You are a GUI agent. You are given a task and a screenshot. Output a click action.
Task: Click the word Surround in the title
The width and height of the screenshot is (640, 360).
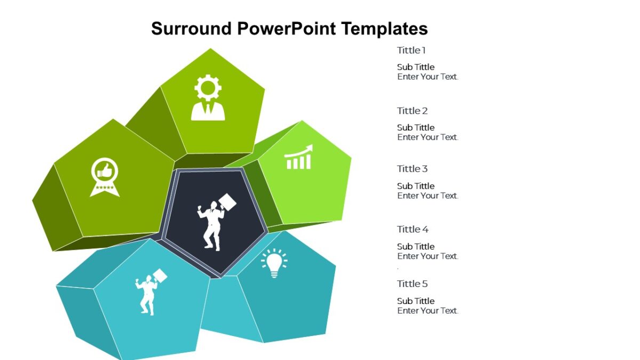point(191,28)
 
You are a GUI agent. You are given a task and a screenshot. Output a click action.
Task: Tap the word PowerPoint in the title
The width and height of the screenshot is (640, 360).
point(286,28)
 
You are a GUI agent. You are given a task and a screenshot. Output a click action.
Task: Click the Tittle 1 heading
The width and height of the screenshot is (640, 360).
point(411,51)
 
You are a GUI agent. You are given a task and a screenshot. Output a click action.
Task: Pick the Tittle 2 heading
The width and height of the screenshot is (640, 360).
point(412,111)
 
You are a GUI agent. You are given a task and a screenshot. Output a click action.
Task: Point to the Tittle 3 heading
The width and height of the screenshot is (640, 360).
point(412,169)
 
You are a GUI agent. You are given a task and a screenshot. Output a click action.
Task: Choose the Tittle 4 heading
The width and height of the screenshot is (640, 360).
point(413,229)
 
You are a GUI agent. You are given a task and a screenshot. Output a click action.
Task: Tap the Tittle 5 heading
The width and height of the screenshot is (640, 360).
point(412,284)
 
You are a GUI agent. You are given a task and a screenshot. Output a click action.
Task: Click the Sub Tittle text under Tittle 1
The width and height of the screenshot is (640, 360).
point(415,67)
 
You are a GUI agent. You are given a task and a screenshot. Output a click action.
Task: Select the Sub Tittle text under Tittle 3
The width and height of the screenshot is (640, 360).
point(415,186)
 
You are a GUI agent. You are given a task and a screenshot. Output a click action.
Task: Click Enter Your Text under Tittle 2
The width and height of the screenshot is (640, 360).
point(428,137)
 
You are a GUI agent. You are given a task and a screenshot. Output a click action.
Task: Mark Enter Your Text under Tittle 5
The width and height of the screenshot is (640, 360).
point(428,310)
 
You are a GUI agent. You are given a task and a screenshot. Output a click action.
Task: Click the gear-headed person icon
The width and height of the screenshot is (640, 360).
point(208,98)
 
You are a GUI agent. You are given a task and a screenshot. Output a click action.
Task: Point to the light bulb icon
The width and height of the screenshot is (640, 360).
point(274,263)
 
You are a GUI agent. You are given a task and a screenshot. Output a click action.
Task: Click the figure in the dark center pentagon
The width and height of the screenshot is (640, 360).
point(214,221)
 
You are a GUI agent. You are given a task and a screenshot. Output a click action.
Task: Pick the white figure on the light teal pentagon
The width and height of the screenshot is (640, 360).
point(149,292)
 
